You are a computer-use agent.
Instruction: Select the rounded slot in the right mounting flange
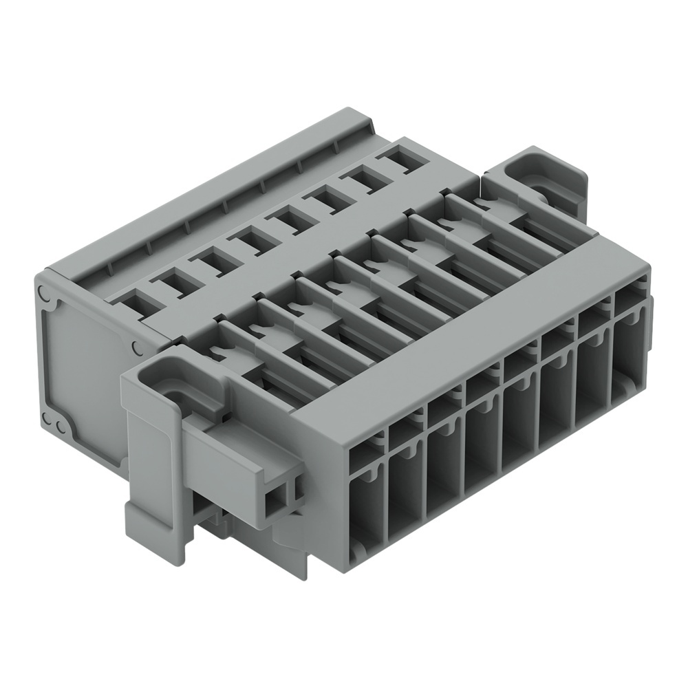pyautogui.click(x=544, y=186)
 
